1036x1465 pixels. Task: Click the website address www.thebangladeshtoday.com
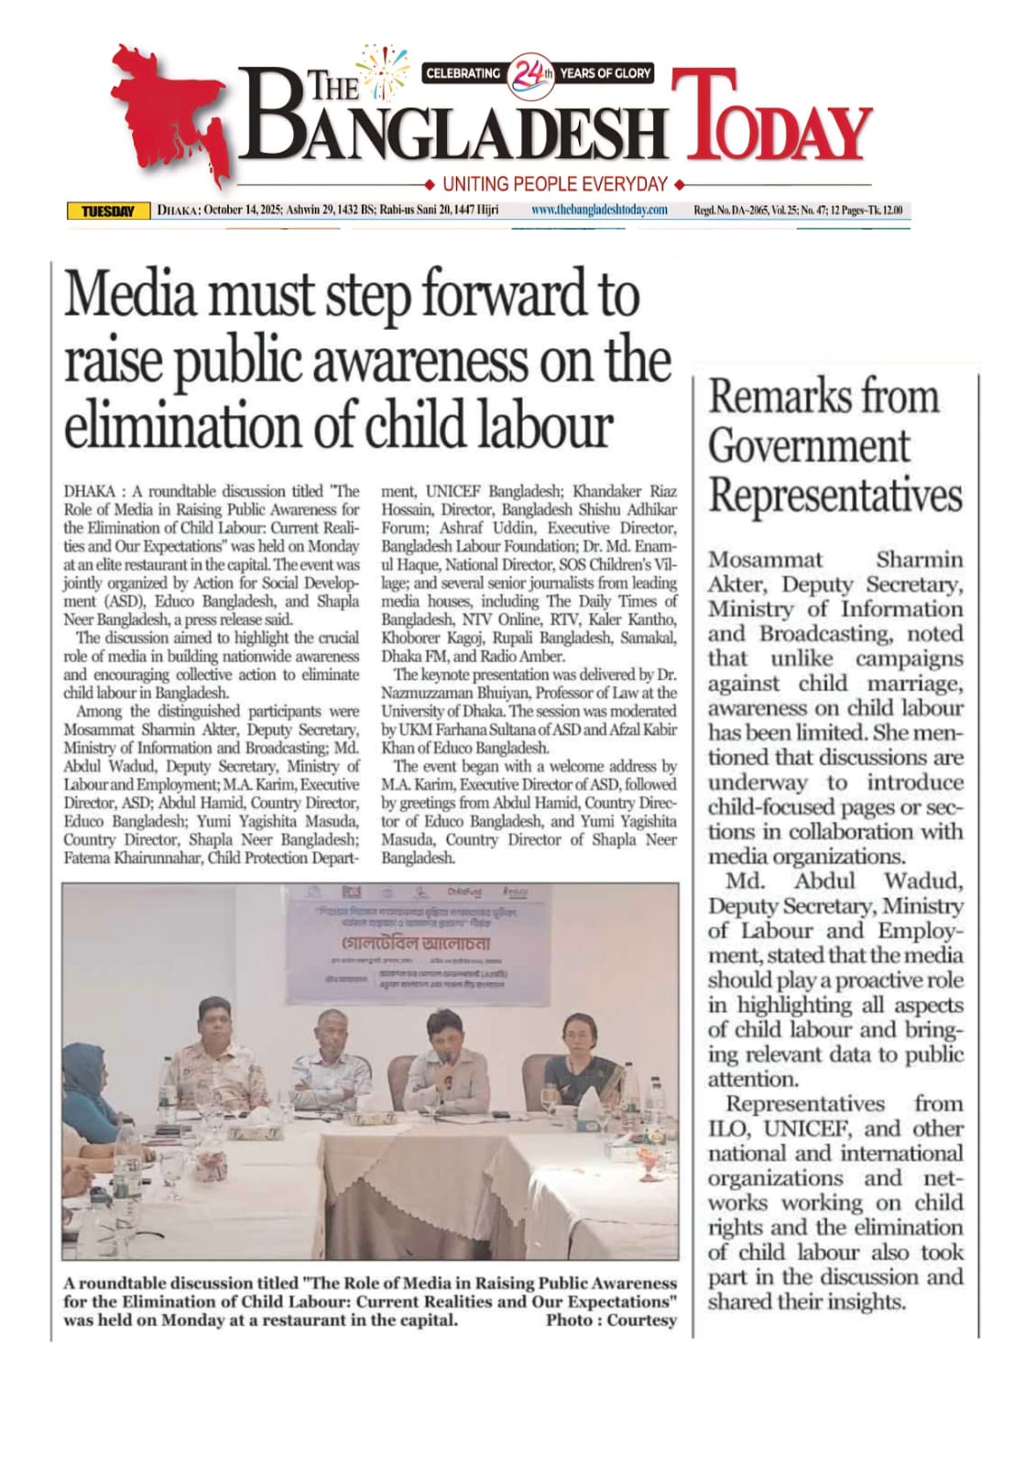click(600, 211)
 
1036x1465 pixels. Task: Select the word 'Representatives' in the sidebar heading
click(835, 495)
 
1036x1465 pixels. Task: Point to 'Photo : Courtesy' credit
click(611, 1320)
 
